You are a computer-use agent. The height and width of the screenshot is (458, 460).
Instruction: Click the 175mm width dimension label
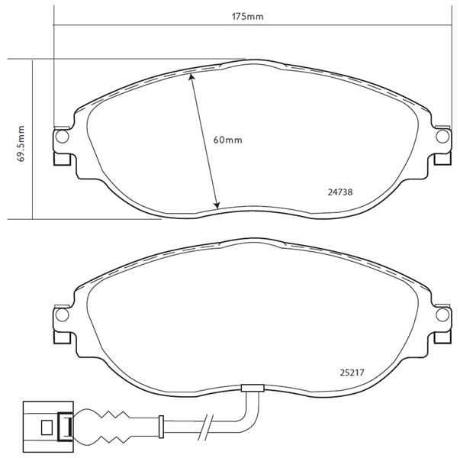(x=248, y=17)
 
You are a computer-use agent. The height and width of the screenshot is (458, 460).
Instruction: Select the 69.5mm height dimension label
(x=21, y=144)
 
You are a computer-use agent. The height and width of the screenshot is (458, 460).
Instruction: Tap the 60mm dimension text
(x=227, y=140)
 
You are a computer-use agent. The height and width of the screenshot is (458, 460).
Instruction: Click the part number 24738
(x=339, y=192)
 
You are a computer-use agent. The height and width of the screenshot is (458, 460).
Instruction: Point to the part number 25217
(x=352, y=373)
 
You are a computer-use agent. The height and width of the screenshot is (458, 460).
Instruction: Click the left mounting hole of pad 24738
(x=62, y=137)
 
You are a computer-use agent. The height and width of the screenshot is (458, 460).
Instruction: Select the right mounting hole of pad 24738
(x=442, y=137)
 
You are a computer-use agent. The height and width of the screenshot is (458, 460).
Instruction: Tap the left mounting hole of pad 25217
(x=62, y=314)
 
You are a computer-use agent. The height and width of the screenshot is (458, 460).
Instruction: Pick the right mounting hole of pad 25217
(x=442, y=314)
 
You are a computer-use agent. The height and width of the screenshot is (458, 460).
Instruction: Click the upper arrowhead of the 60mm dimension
(x=191, y=77)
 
